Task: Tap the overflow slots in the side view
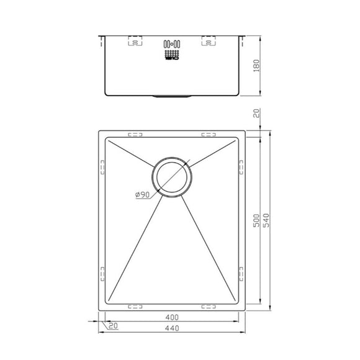tap(171, 45)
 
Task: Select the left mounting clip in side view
tap(135, 43)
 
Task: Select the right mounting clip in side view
tap(208, 43)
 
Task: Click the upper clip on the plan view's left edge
tap(101, 167)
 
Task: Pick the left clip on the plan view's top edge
tap(135, 134)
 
